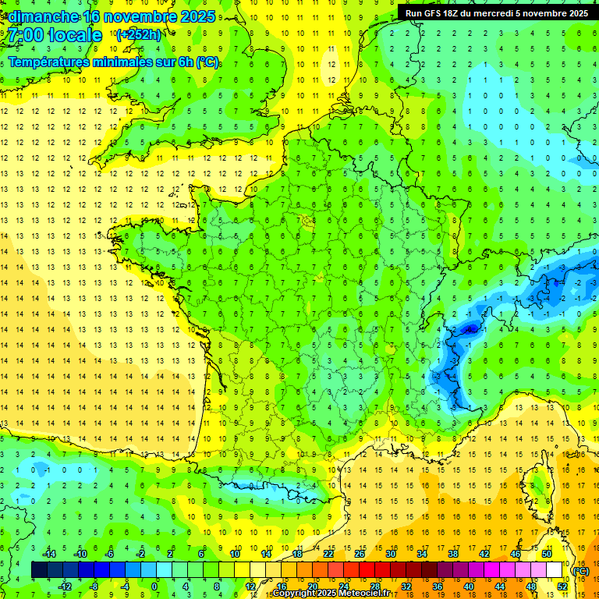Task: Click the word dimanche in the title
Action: point(43,16)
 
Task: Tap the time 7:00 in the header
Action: point(27,35)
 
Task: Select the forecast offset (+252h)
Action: point(138,35)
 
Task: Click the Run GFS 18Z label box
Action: point(497,12)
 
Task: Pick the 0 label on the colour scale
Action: point(154,586)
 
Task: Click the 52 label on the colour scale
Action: point(562,586)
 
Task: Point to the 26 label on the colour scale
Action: point(360,553)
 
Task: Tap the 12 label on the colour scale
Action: point(251,586)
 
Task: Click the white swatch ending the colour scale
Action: point(554,569)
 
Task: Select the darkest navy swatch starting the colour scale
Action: point(39,569)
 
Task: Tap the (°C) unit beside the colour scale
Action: point(580,570)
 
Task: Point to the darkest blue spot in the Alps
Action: point(470,329)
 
